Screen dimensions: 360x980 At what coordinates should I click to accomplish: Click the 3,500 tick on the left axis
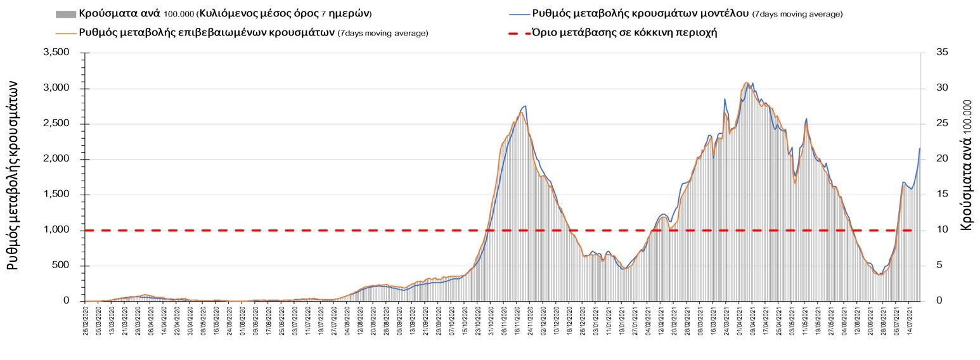pyautogui.click(x=56, y=53)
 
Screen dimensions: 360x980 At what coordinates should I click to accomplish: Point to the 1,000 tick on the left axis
pyautogui.click(x=56, y=230)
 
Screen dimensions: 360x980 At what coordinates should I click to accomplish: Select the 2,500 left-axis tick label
pyautogui.click(x=56, y=124)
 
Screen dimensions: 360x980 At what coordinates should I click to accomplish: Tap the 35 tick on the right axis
pyautogui.click(x=942, y=53)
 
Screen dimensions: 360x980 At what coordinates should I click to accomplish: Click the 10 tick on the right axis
pyautogui.click(x=942, y=230)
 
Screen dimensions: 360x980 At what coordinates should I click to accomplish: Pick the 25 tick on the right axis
pyautogui.click(x=942, y=124)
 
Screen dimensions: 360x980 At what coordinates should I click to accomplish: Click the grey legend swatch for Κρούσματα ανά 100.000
pyautogui.click(x=66, y=13)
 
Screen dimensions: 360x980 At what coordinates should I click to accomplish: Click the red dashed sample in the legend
pyautogui.click(x=519, y=32)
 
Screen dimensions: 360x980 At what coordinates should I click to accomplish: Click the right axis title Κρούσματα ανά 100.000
pyautogui.click(x=967, y=164)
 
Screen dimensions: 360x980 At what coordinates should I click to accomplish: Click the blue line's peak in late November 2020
pyautogui.click(x=525, y=106)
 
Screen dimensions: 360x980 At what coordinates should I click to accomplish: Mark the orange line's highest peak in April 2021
pyautogui.click(x=746, y=83)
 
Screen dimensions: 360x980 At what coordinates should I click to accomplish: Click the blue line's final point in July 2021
pyautogui.click(x=920, y=148)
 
